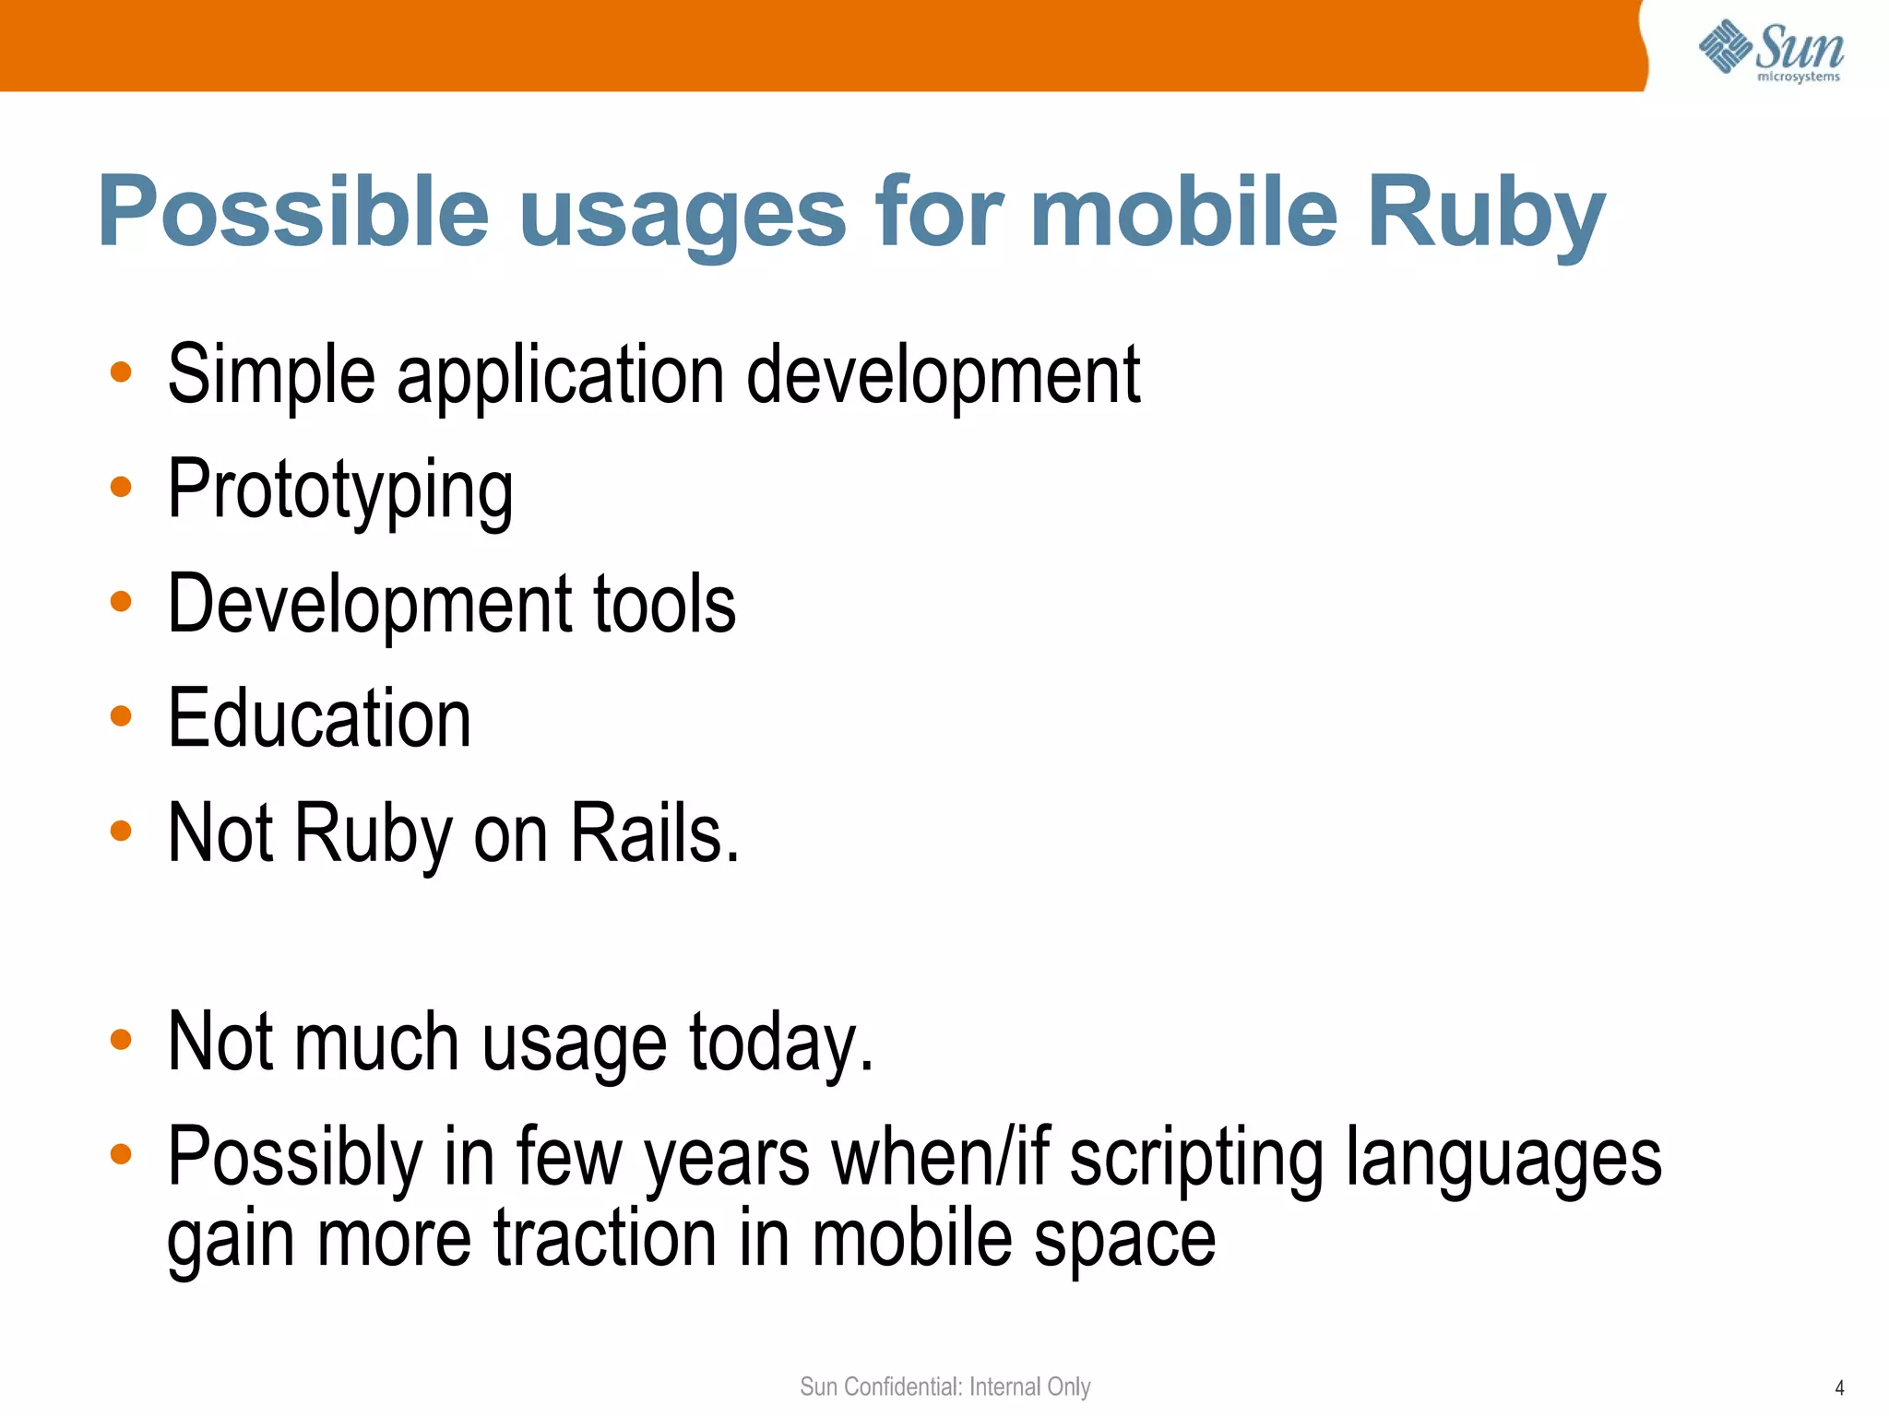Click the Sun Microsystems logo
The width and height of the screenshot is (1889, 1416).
pos(1771,52)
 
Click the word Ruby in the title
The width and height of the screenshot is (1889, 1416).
pos(1486,214)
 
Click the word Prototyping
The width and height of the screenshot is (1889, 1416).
pos(340,490)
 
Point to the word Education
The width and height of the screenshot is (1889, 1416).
pos(319,719)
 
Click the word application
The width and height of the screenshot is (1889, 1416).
pos(561,376)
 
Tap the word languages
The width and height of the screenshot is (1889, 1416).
pos(1503,1160)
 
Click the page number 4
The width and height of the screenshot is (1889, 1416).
pos(1839,1387)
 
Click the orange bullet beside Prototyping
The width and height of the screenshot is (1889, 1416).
pos(121,487)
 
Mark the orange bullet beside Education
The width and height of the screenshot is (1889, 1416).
pos(121,715)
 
